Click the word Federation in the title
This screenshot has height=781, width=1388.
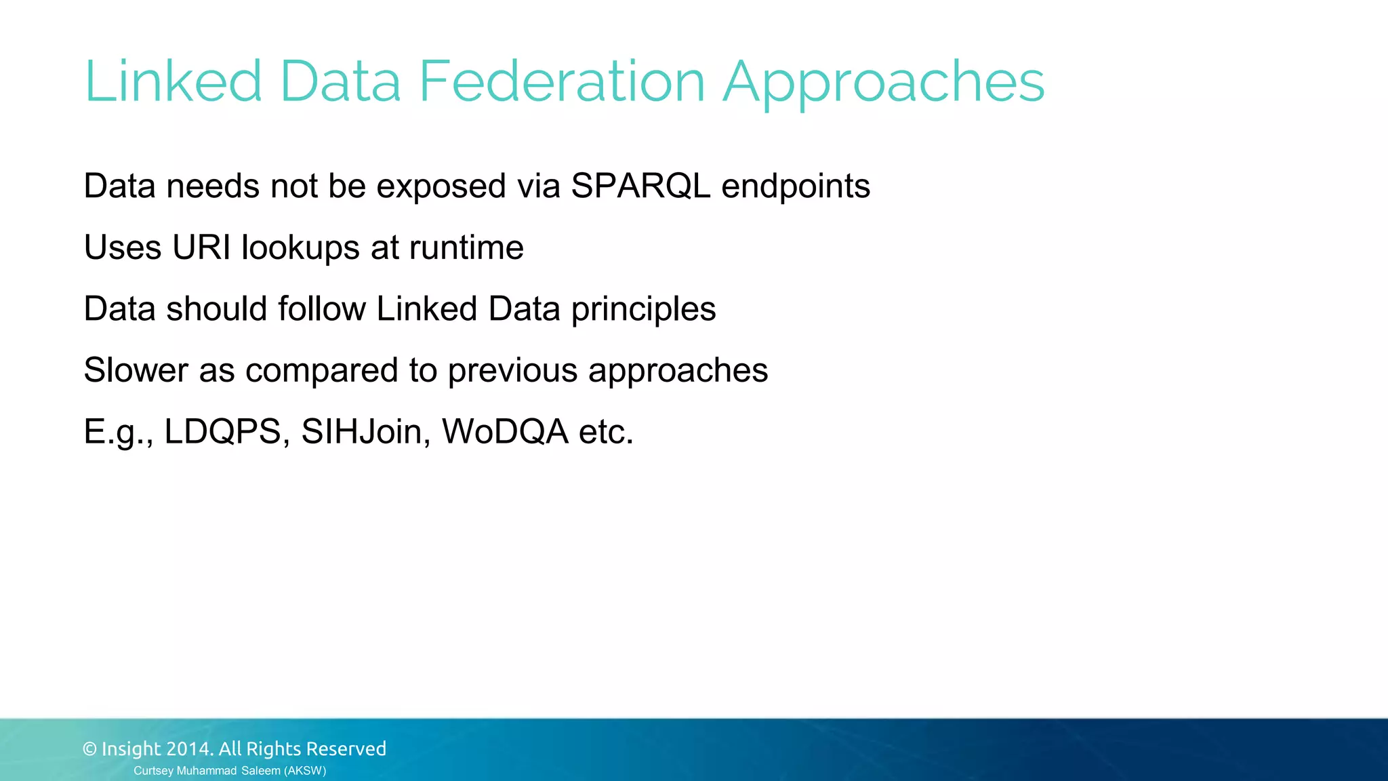[x=563, y=81]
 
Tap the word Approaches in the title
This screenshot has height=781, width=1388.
[x=883, y=83]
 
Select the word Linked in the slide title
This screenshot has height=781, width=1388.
[x=173, y=81]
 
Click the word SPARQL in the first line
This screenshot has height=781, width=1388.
[x=640, y=186]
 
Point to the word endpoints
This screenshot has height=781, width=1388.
[x=796, y=187]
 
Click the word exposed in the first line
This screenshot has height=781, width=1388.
[x=441, y=187]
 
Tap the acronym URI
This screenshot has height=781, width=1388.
[x=201, y=247]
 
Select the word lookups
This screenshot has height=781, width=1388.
[x=300, y=248]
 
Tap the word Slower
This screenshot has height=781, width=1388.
[x=136, y=370]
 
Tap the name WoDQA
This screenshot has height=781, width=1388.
[x=505, y=432]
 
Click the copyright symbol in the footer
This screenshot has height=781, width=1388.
[x=89, y=749]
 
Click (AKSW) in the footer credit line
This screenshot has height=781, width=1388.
[x=305, y=771]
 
